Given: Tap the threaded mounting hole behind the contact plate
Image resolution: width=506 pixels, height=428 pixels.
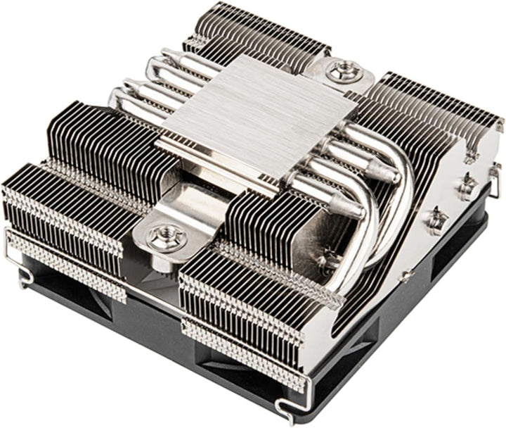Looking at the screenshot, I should pos(344,71).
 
